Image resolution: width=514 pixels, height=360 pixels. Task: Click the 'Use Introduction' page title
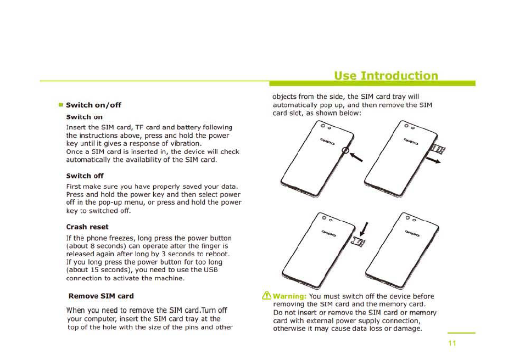tap(386, 75)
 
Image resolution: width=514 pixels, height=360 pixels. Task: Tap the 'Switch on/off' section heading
tap(93, 105)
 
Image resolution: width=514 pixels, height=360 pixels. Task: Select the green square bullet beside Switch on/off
tap(62, 105)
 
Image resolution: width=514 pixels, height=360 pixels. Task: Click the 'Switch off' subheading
tap(85, 176)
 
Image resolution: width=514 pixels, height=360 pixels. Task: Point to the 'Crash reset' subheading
tap(87, 227)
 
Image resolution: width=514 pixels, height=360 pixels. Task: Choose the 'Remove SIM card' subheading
tap(101, 296)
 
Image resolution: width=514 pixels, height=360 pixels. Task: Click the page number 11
tap(452, 344)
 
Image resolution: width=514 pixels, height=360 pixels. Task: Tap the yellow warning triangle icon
tap(266, 296)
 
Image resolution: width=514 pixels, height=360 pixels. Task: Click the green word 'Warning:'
tap(289, 296)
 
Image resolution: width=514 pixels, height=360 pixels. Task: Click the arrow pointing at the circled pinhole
tap(356, 157)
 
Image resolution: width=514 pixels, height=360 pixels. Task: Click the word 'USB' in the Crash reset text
tap(211, 270)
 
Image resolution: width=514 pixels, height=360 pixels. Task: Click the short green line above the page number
tap(461, 333)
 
